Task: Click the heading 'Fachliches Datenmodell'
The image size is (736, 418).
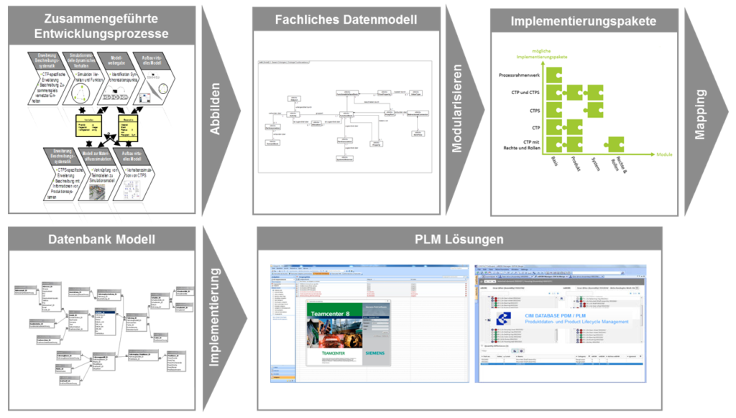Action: click(x=345, y=20)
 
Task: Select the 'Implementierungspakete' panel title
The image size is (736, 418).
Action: click(x=583, y=22)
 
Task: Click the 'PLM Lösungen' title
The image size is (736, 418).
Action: click(x=459, y=239)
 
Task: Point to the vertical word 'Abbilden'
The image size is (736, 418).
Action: click(x=215, y=108)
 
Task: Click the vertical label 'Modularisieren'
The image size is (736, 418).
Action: click(x=456, y=109)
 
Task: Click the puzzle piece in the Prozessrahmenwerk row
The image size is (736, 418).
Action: click(x=553, y=75)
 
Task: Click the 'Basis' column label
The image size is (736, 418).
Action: click(x=554, y=163)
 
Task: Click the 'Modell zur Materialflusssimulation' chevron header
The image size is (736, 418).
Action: click(x=96, y=157)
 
